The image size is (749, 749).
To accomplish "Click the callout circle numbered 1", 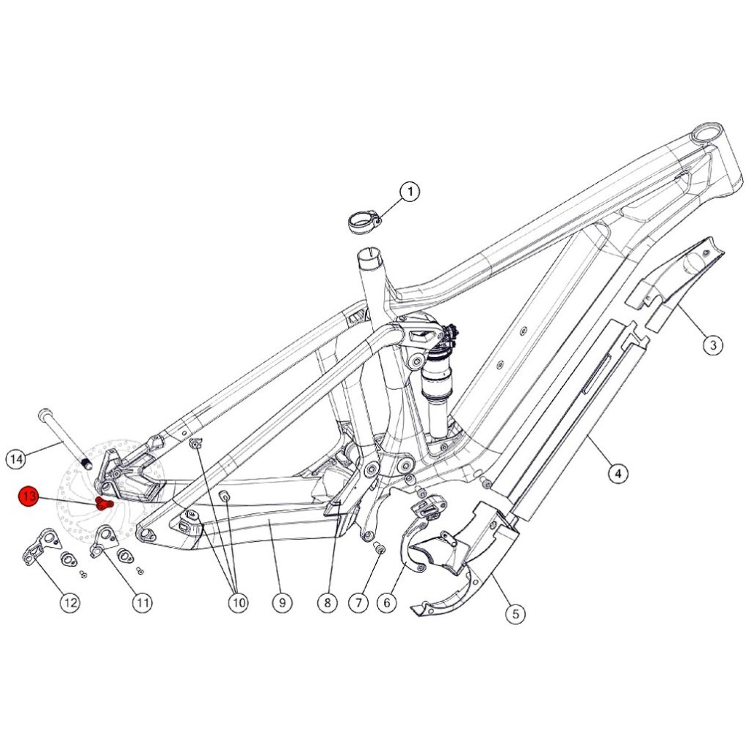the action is [x=409, y=192].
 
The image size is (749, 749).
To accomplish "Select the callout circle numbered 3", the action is [x=713, y=344].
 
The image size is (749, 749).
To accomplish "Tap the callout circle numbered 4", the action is [x=618, y=473].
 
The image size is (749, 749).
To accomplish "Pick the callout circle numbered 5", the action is [x=515, y=613].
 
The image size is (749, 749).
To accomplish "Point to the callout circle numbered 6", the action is [x=386, y=602].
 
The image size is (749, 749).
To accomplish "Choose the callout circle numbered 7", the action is [x=359, y=602].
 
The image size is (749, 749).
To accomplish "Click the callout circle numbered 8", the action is [x=328, y=602].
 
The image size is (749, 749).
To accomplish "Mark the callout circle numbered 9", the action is [x=282, y=602].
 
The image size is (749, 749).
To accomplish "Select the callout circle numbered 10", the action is [x=239, y=602].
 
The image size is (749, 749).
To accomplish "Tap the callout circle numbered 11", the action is [x=142, y=602].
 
